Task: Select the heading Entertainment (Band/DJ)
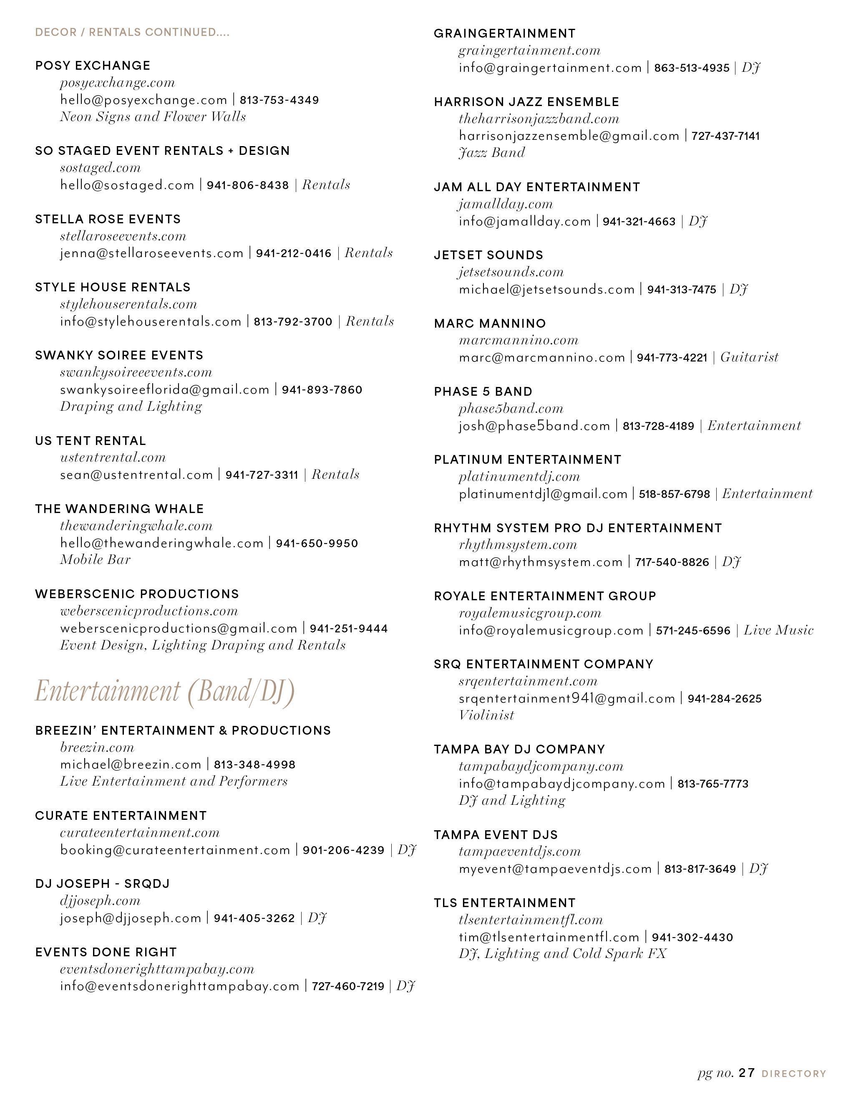(x=164, y=691)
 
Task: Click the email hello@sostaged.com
(x=127, y=185)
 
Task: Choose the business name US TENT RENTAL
(x=90, y=440)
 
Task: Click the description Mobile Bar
(x=95, y=560)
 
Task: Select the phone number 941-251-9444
(x=348, y=628)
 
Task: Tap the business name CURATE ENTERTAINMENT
(x=121, y=816)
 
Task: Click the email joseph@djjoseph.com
(x=131, y=918)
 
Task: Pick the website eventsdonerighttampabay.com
(x=157, y=969)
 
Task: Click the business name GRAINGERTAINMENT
(x=505, y=33)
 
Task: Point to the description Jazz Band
(x=491, y=152)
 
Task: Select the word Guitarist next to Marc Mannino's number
(x=749, y=357)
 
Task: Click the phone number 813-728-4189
(x=658, y=426)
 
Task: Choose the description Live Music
(x=778, y=630)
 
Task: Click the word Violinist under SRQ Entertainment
(x=486, y=715)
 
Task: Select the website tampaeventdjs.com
(x=520, y=852)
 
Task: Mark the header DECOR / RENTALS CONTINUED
(x=132, y=32)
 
